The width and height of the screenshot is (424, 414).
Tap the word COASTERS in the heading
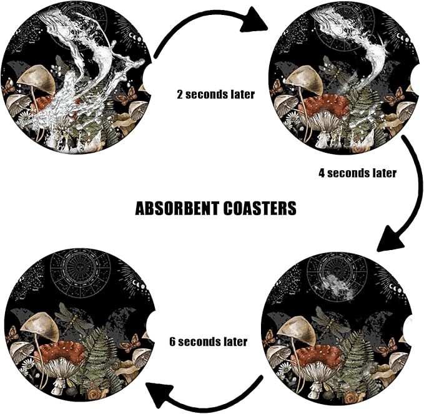click(260, 208)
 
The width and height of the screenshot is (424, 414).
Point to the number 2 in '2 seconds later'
click(180, 95)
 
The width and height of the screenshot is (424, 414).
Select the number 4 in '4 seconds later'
click(322, 173)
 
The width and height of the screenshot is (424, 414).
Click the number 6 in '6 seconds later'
click(172, 342)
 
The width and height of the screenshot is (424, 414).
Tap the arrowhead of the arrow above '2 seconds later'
click(254, 19)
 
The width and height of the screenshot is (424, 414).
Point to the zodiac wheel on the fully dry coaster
click(81, 270)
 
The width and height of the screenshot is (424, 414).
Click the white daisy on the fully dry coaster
click(28, 365)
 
